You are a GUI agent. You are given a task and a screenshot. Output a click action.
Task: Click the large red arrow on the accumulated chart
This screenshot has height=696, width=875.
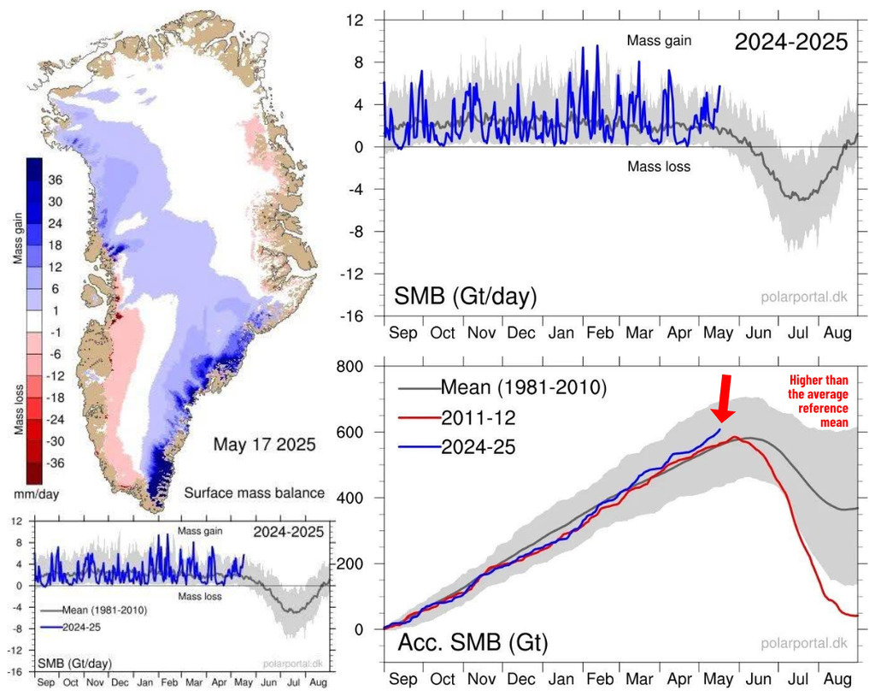pyautogui.click(x=724, y=398)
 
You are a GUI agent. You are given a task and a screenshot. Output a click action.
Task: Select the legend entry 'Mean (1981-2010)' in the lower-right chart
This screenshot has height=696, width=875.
pyautogui.click(x=523, y=388)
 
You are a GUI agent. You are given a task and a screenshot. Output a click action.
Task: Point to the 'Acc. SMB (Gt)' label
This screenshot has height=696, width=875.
pyautogui.click(x=473, y=642)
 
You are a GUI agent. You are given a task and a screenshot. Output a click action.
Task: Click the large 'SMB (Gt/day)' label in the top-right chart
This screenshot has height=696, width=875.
pyautogui.click(x=465, y=297)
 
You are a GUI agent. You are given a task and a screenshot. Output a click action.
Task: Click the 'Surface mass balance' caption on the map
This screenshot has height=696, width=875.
pyautogui.click(x=254, y=493)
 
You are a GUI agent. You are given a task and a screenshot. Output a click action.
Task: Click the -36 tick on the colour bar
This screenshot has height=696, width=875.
pyautogui.click(x=55, y=463)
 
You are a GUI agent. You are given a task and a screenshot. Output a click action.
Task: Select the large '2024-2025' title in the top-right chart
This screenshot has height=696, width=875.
pyautogui.click(x=791, y=41)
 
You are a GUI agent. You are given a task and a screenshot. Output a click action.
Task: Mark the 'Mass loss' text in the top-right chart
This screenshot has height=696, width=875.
pyautogui.click(x=659, y=167)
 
